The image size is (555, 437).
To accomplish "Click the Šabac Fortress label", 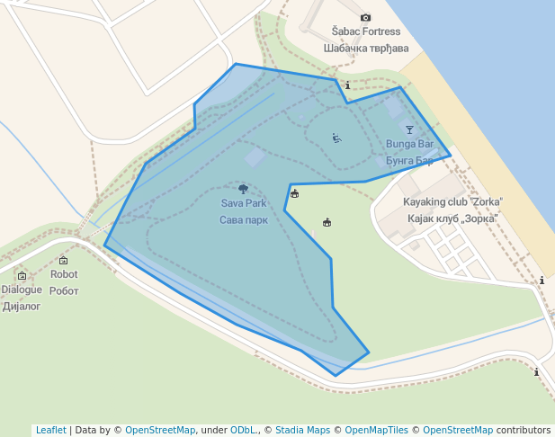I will [365, 32].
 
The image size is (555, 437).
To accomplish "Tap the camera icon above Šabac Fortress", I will [365, 17].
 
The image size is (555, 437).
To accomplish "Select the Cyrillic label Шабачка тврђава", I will [365, 48].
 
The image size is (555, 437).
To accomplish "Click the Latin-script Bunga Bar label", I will [409, 144].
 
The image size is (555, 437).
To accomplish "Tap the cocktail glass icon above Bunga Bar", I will [409, 129].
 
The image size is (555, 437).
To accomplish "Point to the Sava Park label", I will [243, 203].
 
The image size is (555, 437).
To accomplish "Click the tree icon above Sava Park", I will [243, 189].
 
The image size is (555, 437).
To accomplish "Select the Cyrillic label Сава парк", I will [243, 219].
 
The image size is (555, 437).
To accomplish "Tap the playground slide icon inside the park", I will [336, 138].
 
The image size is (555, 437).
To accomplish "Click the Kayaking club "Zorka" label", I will [452, 202].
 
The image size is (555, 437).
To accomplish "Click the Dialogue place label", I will [22, 290].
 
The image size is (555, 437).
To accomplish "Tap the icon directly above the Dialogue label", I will [22, 275].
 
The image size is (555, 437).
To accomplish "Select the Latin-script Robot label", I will [63, 274].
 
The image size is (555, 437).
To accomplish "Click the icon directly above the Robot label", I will [63, 261].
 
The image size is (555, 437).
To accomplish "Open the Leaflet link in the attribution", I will [51, 430].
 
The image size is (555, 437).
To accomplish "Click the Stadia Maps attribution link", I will [302, 430].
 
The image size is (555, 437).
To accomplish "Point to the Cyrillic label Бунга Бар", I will [409, 160].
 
